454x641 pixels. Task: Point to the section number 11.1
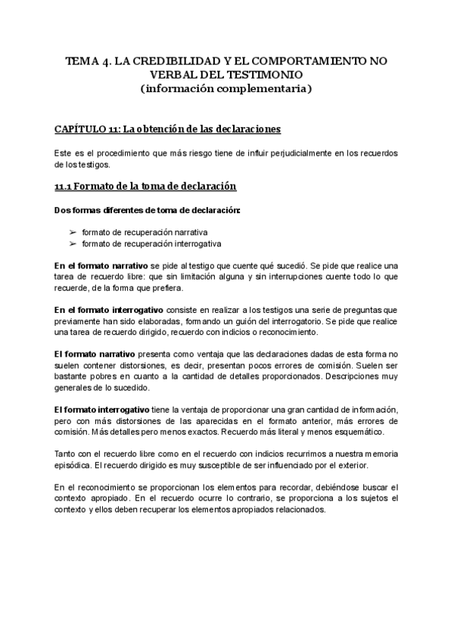[x=65, y=186]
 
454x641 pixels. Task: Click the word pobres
[x=109, y=376]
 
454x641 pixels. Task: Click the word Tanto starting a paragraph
[x=66, y=454]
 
